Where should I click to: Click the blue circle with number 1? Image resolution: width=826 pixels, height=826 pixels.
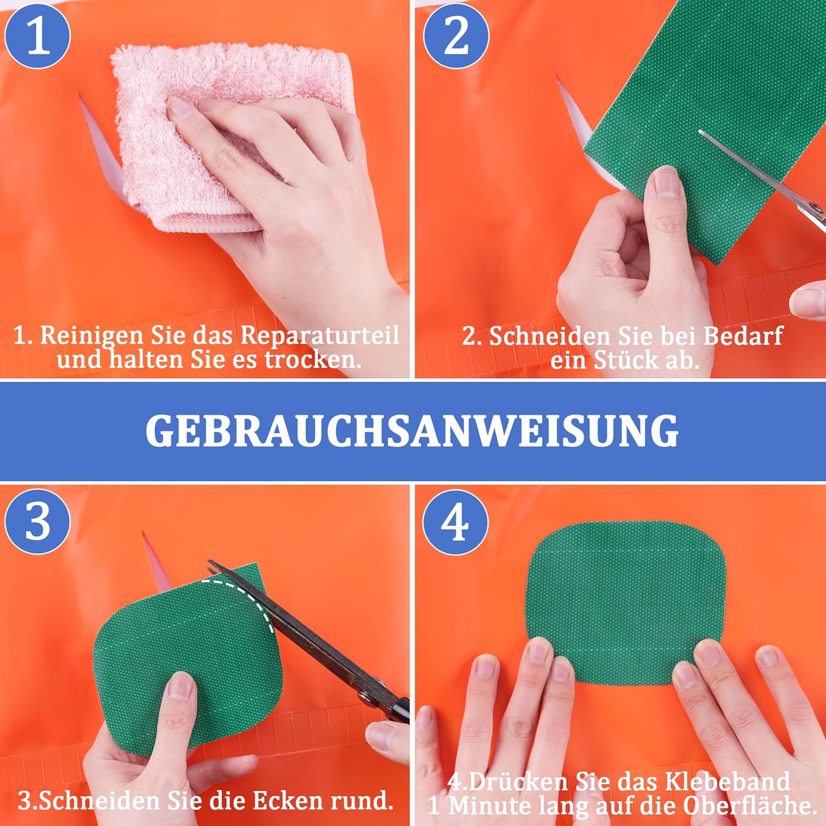click(x=37, y=36)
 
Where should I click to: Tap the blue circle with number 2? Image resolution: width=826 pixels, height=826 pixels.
click(x=456, y=36)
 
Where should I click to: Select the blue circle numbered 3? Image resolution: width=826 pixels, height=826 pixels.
click(x=37, y=521)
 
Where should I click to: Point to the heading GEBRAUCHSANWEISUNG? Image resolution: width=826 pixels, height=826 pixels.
click(x=412, y=431)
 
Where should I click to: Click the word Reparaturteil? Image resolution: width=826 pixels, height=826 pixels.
click(x=319, y=335)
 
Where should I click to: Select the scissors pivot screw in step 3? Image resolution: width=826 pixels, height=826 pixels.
click(x=363, y=697)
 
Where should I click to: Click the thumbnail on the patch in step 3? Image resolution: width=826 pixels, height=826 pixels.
click(x=180, y=686)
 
